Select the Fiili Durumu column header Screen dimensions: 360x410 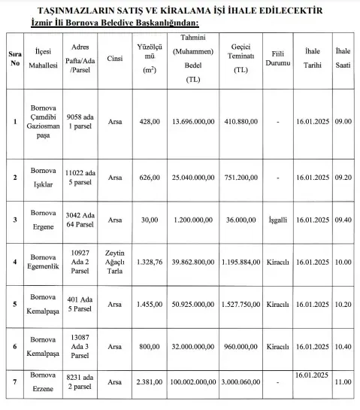point(277,58)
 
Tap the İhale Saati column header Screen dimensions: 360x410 point(343,58)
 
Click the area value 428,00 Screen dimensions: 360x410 point(150,120)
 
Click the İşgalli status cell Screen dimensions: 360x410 point(277,220)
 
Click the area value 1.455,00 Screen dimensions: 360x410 point(150,305)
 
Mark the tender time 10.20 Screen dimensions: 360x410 point(343,305)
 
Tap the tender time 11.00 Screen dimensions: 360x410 point(343,381)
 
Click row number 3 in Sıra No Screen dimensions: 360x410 point(15,220)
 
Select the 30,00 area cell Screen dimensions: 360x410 point(150,220)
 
